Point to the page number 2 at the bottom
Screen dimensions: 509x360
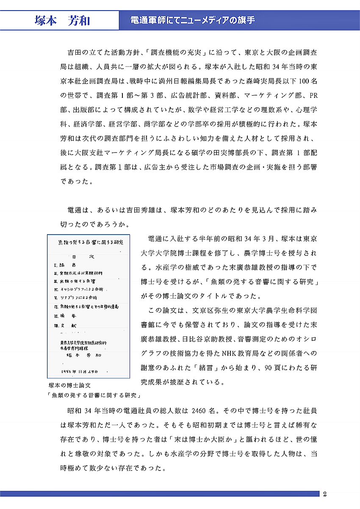pos(324,494)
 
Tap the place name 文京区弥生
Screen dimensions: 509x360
pos(203,310)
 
